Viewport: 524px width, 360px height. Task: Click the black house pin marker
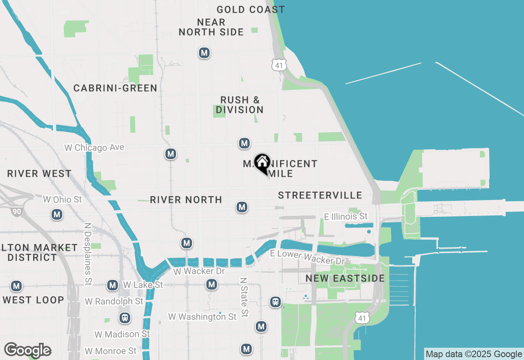pyautogui.click(x=262, y=163)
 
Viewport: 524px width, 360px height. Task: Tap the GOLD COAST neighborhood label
pyautogui.click(x=251, y=9)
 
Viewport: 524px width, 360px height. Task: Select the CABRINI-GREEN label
pyautogui.click(x=115, y=88)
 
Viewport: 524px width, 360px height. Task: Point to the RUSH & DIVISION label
pyautogui.click(x=239, y=105)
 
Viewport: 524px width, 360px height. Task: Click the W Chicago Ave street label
pyautogui.click(x=94, y=147)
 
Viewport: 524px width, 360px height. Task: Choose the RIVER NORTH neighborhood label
pyautogui.click(x=186, y=200)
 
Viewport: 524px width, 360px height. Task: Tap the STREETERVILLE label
pyautogui.click(x=320, y=195)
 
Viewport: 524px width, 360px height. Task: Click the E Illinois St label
pyautogui.click(x=346, y=216)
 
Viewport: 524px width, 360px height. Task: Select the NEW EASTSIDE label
pyautogui.click(x=345, y=279)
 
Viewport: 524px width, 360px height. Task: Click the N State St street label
pyautogui.click(x=244, y=297)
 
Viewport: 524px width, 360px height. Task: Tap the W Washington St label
pyautogui.click(x=202, y=317)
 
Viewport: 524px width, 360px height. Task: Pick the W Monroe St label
pyautogui.click(x=111, y=351)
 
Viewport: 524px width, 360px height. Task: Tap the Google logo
pyautogui.click(x=27, y=350)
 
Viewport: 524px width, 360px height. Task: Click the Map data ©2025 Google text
pyautogui.click(x=474, y=354)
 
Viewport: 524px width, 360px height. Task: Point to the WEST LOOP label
pyautogui.click(x=33, y=300)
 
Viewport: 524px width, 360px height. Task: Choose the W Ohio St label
pyautogui.click(x=62, y=200)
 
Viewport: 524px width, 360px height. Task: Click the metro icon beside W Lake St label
pyautogui.click(x=113, y=285)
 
